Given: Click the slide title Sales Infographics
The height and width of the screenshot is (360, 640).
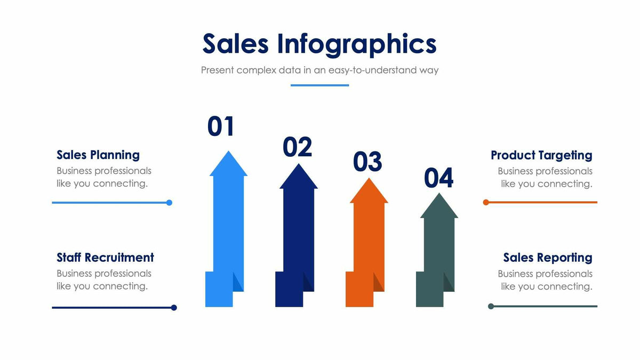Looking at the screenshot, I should click(319, 44).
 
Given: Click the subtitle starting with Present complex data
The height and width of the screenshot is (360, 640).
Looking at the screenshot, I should click(319, 70).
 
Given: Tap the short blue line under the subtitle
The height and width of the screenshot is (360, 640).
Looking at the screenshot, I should click(319, 85).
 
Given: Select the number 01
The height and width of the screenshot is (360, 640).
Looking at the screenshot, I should click(221, 126).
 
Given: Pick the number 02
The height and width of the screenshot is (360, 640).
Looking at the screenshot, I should click(297, 147).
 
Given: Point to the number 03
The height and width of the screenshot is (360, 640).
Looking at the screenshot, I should click(367, 162).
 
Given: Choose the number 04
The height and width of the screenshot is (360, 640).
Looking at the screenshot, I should click(438, 178).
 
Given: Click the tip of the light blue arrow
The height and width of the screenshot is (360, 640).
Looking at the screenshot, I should click(228, 153).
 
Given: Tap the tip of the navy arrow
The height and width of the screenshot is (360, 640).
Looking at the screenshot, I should click(298, 165).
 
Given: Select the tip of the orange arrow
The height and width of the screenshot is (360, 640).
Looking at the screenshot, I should click(369, 180).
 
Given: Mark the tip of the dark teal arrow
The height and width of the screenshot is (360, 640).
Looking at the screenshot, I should click(439, 195).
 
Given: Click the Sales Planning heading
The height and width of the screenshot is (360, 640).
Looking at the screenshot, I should click(98, 155).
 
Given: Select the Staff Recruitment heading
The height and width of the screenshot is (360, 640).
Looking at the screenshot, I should click(105, 258).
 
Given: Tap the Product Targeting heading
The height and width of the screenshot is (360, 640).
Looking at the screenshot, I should click(541, 155).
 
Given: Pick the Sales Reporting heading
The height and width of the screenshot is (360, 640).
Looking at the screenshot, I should click(548, 258).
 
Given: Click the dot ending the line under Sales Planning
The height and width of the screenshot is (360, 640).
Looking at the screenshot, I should click(169, 203).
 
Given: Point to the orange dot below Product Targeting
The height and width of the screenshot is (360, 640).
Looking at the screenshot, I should click(486, 203).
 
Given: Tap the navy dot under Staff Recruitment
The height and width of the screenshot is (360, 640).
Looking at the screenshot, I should click(174, 308).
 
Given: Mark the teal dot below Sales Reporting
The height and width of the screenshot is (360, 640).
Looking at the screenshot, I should click(491, 306).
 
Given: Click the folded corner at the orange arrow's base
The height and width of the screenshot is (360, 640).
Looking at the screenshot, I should click(378, 282).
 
